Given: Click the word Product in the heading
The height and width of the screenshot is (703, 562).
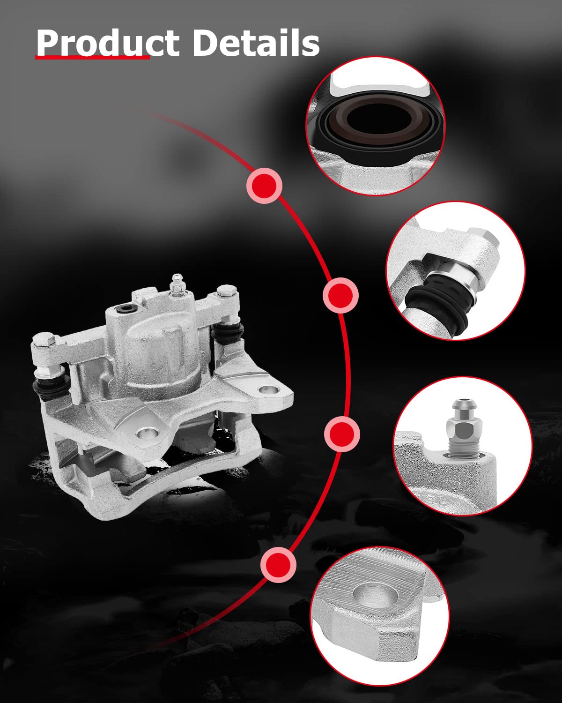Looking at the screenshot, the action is point(108,43).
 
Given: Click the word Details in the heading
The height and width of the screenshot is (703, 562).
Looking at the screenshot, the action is point(256,43).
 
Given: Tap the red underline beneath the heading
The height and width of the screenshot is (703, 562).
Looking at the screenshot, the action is point(92,58).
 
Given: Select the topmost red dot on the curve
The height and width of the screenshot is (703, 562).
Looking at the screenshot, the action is point(265,186).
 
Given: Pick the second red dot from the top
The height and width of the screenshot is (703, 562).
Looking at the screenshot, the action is point(340,295).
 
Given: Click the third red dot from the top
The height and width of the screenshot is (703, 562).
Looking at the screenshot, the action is point(342,434).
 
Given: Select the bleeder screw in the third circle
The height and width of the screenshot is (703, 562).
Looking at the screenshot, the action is point(464,428).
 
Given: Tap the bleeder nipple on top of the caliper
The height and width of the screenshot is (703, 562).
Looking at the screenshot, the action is point(177,283).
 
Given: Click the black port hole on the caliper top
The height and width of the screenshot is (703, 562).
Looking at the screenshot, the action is point(125,308).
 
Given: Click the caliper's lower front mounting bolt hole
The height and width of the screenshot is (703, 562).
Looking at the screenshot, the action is point(147,434).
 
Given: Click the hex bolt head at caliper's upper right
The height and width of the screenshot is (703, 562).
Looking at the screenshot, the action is point(226,290).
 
